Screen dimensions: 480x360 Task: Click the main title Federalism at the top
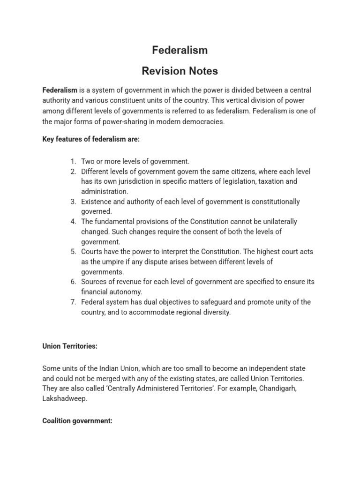pos(180,50)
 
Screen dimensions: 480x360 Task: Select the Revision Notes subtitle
pos(180,71)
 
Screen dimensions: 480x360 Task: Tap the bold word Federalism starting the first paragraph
pos(60,90)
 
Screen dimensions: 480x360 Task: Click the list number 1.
pos(73,161)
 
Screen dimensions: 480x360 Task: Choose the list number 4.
pos(73,222)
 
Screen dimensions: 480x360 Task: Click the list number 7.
pos(73,302)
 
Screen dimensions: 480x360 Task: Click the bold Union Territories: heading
pos(70,347)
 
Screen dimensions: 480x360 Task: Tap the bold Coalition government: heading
pos(77,421)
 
